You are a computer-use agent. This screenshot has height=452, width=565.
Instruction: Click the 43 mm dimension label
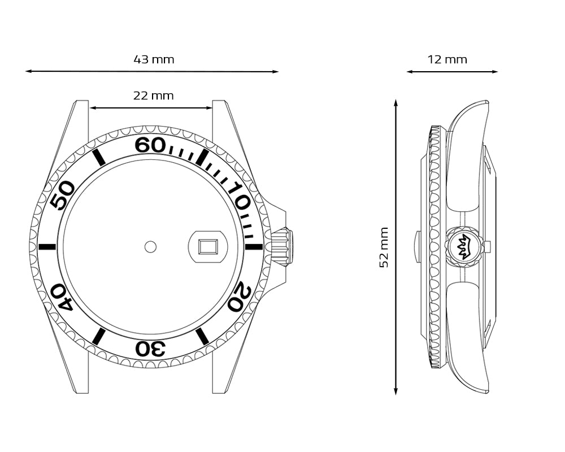[154, 59]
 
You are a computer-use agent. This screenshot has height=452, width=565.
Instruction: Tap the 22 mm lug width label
[154, 95]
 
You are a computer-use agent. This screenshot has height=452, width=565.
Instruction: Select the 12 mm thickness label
[447, 59]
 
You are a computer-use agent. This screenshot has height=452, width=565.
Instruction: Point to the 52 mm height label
[384, 247]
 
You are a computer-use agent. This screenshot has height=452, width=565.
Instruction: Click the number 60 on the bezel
[150, 145]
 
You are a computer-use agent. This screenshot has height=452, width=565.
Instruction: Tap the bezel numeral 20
[240, 298]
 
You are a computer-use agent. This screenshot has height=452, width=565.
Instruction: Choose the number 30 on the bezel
[150, 349]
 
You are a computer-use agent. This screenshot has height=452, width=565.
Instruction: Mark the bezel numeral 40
[62, 297]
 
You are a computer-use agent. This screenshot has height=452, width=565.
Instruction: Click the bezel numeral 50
[62, 195]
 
